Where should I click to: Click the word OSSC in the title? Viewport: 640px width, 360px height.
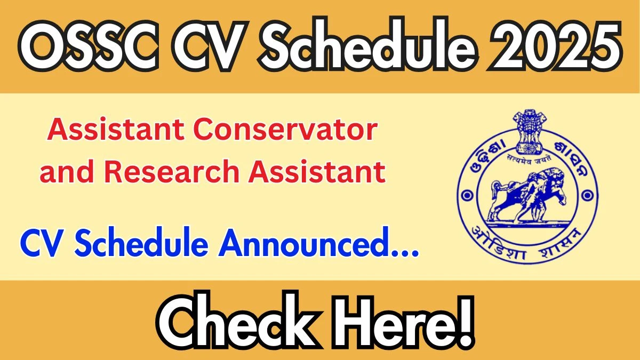89,46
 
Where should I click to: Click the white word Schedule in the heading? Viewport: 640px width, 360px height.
366,44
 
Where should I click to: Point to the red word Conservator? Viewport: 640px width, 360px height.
285,130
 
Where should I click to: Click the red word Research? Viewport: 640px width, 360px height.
172,171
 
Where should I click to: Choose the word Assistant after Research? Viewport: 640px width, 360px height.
317,171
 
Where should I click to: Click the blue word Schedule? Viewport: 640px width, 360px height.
141,243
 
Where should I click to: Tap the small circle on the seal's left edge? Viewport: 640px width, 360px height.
467,195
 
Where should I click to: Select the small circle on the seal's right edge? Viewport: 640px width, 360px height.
588,195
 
